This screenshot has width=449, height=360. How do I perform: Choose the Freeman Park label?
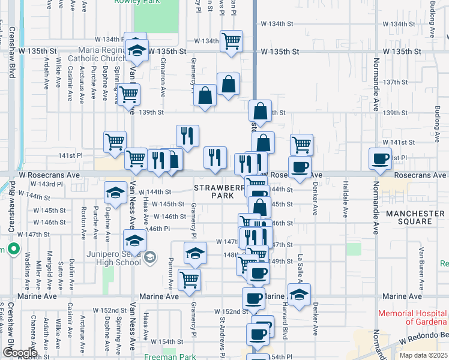pyautogui.click(x=173, y=357)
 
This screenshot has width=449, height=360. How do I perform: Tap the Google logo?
pyautogui.click(x=19, y=353)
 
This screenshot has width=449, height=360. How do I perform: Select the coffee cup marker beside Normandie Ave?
pyautogui.click(x=379, y=159)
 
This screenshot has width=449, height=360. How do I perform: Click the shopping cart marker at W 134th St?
pyautogui.click(x=231, y=41)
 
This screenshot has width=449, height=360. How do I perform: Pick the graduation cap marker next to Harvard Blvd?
pyautogui.click(x=299, y=295)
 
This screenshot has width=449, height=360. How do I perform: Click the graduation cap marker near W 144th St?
pyautogui.click(x=115, y=193)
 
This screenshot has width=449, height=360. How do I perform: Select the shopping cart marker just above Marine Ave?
pyautogui.click(x=190, y=279)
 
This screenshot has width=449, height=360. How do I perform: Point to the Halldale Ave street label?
pyautogui.click(x=345, y=199)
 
